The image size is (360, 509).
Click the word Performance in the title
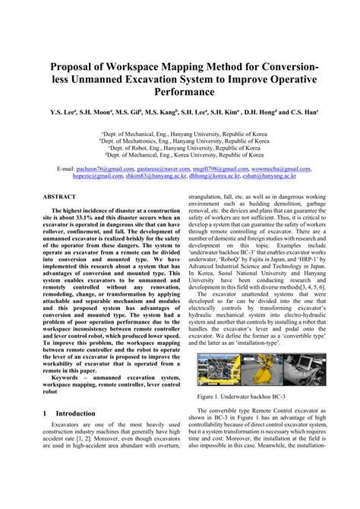tap(179, 91)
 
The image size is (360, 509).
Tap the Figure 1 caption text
tap(241, 396)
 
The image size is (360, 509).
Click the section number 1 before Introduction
tap(45, 414)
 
